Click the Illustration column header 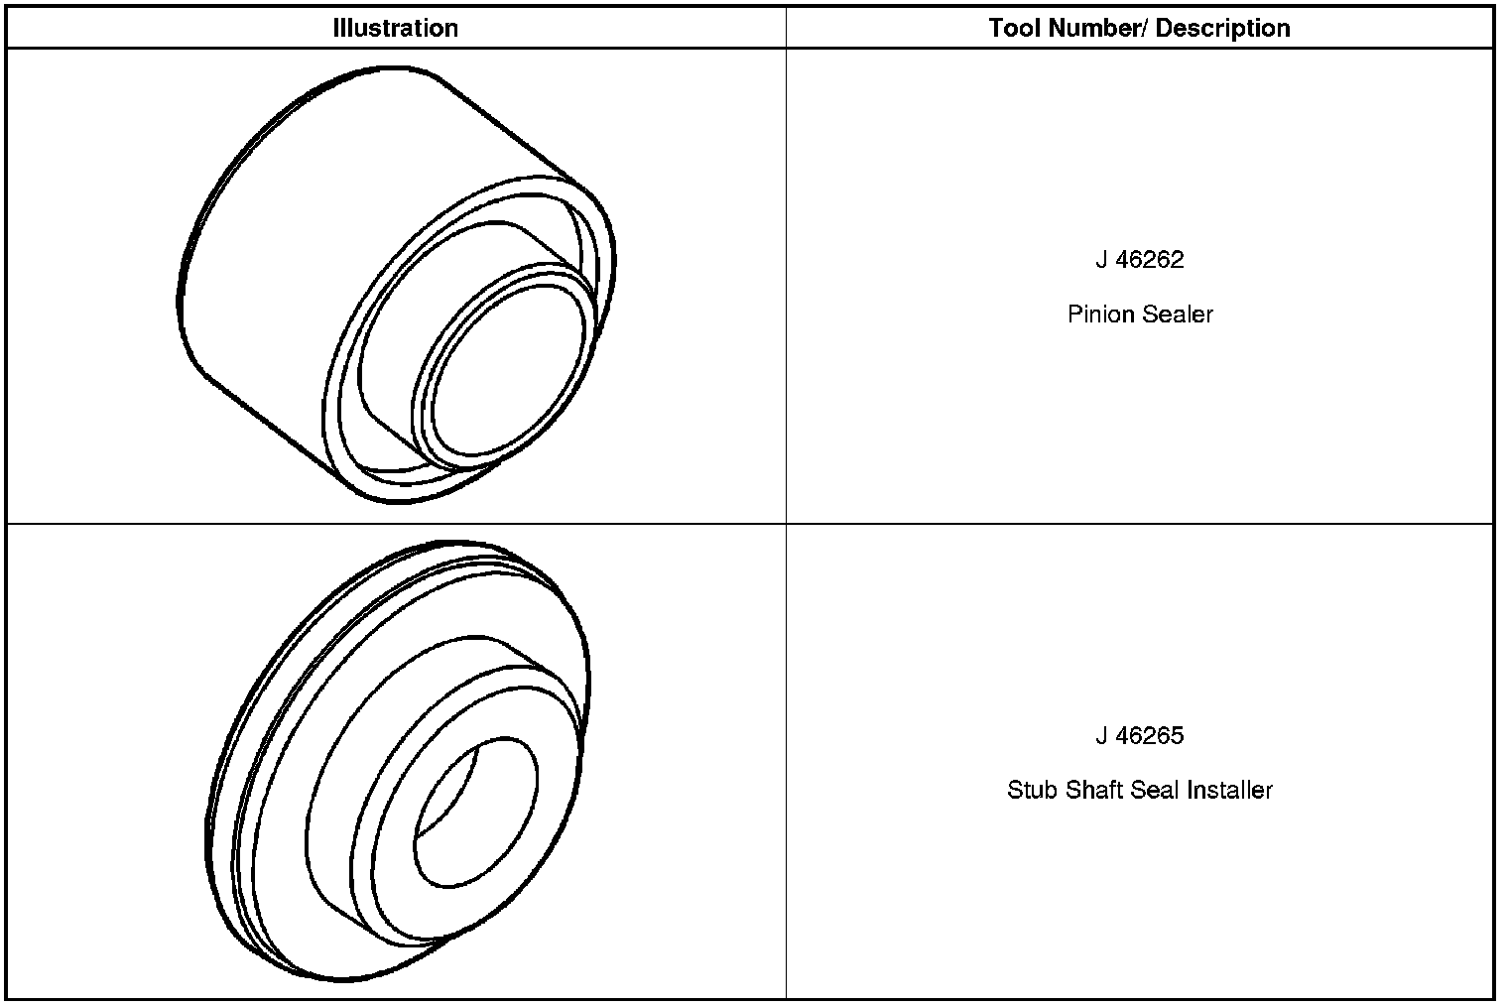[x=395, y=28]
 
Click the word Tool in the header [x=1014, y=28]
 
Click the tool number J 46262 [x=1140, y=260]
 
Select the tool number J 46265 [x=1140, y=736]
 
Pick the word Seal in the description [x=1155, y=791]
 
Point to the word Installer [x=1229, y=791]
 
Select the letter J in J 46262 [x=1101, y=260]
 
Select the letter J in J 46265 [x=1101, y=736]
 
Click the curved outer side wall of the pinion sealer [x=298, y=248]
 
